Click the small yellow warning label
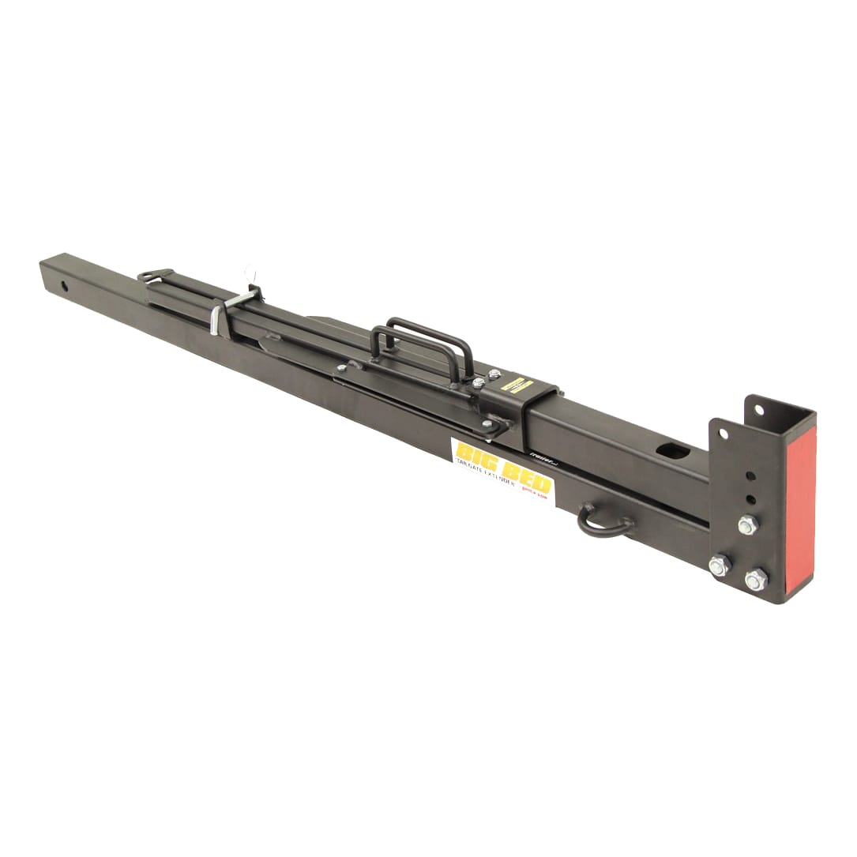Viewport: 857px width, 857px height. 517,385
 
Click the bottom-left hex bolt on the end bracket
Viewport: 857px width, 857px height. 719,566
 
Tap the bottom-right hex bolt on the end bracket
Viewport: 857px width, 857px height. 755,580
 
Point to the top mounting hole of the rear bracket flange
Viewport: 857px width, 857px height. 758,409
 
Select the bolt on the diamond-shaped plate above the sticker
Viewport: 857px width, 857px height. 487,424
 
